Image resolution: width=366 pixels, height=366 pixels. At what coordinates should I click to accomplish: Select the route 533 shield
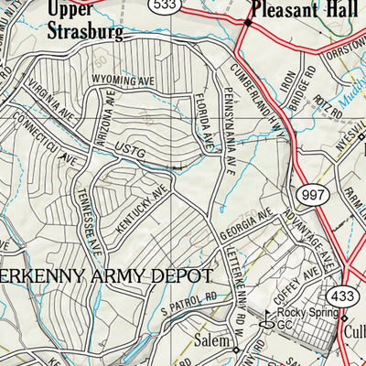coord(189,6)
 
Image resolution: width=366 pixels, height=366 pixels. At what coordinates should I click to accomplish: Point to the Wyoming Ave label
coord(120,81)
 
